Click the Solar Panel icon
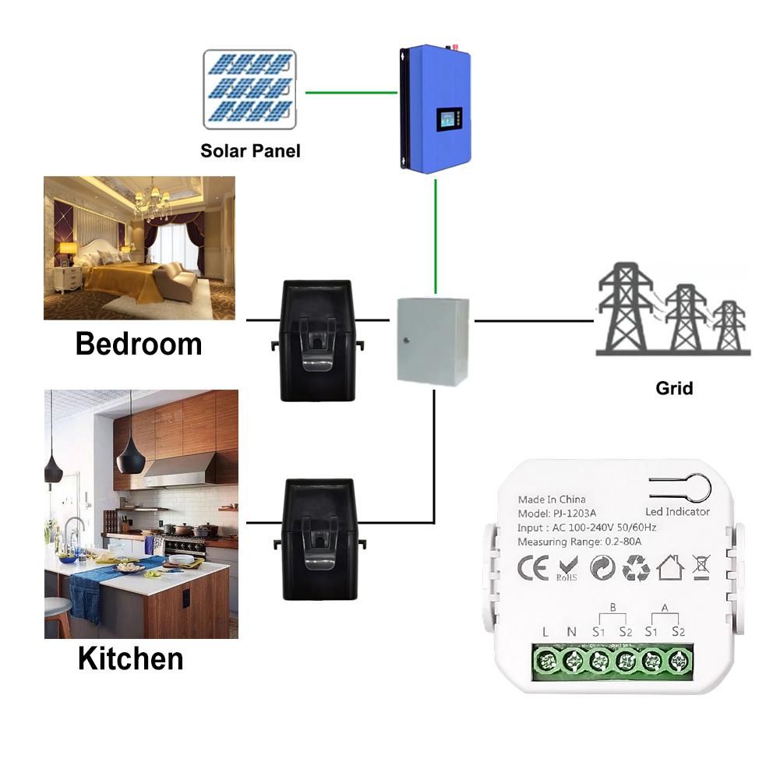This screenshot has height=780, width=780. tap(249, 89)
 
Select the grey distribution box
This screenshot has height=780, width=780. tap(433, 340)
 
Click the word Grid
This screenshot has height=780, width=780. tap(674, 387)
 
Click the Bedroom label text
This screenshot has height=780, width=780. tap(139, 344)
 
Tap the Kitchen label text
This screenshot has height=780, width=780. tap(131, 658)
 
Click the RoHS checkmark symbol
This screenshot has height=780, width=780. tap(568, 569)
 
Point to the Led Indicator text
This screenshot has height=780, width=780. tap(677, 512)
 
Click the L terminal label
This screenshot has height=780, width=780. tap(545, 632)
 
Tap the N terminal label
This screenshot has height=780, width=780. tap(571, 632)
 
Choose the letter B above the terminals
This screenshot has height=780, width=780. tap(612, 606)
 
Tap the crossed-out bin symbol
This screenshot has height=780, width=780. tap(702, 568)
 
